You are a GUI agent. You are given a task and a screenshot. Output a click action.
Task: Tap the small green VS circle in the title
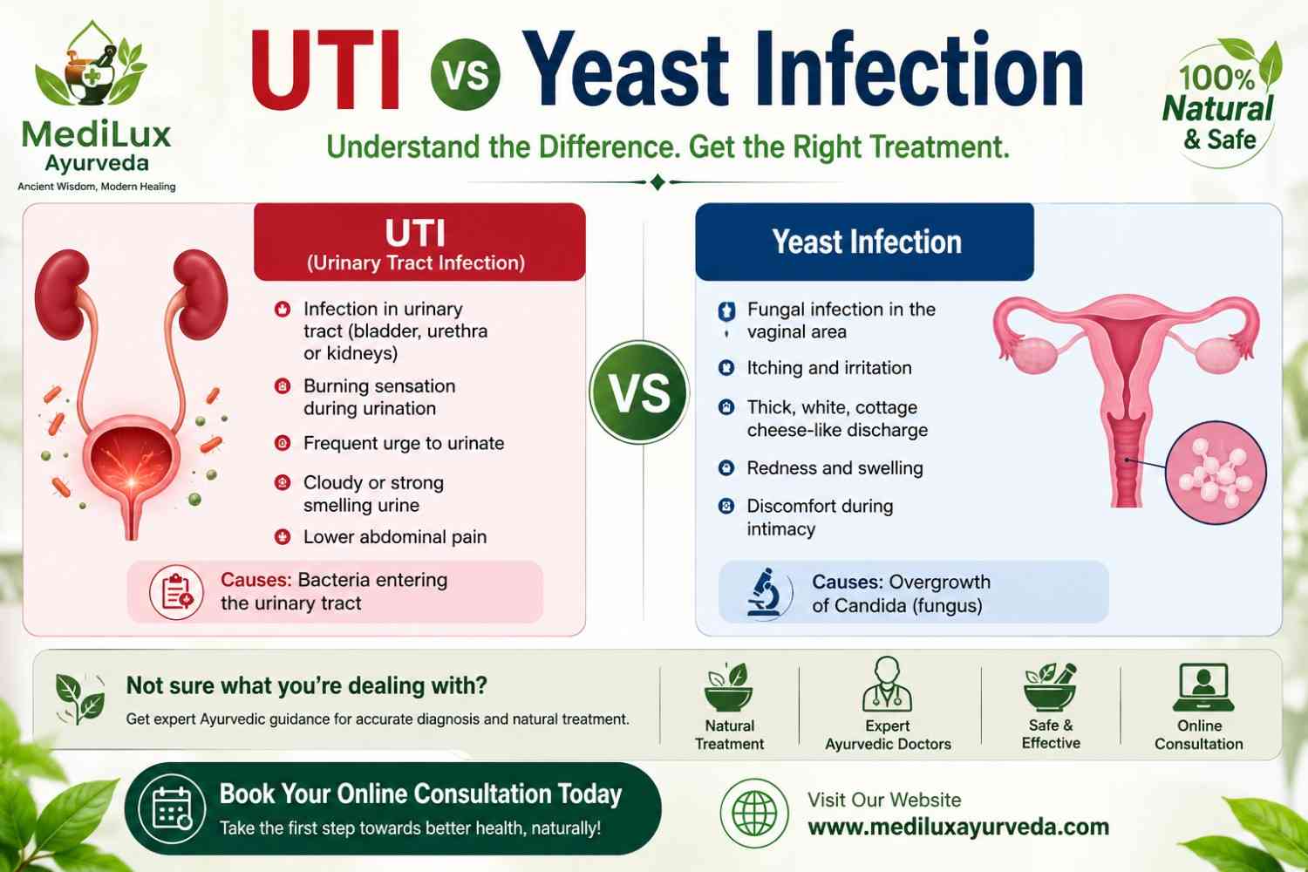[x=465, y=75]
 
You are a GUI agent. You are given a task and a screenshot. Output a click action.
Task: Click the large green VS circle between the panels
[x=639, y=392]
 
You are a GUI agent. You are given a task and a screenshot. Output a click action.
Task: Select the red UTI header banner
[x=419, y=242]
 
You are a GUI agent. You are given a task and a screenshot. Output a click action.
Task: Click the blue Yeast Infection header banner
[x=864, y=242]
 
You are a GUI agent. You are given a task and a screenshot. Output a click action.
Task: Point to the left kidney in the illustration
[x=62, y=294]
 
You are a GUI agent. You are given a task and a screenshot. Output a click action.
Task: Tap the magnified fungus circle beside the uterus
[x=1216, y=472]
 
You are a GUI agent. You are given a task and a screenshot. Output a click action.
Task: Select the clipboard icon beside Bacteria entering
[x=176, y=592]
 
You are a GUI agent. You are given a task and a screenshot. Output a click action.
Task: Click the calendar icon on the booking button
[x=172, y=808]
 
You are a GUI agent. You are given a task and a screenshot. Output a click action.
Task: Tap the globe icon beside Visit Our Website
[x=754, y=813]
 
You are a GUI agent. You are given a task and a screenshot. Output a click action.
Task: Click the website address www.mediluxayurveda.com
[x=958, y=827]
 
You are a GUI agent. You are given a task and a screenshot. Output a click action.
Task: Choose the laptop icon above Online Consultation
[x=1202, y=687]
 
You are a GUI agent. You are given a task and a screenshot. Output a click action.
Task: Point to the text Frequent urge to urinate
[x=404, y=443]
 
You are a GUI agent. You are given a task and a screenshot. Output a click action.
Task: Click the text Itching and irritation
[x=829, y=368]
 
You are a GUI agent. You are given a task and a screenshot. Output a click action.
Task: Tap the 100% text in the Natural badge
[x=1216, y=78]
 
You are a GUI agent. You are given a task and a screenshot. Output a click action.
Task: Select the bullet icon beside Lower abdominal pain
[x=283, y=537]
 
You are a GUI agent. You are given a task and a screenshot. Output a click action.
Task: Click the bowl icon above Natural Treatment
[x=728, y=687]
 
